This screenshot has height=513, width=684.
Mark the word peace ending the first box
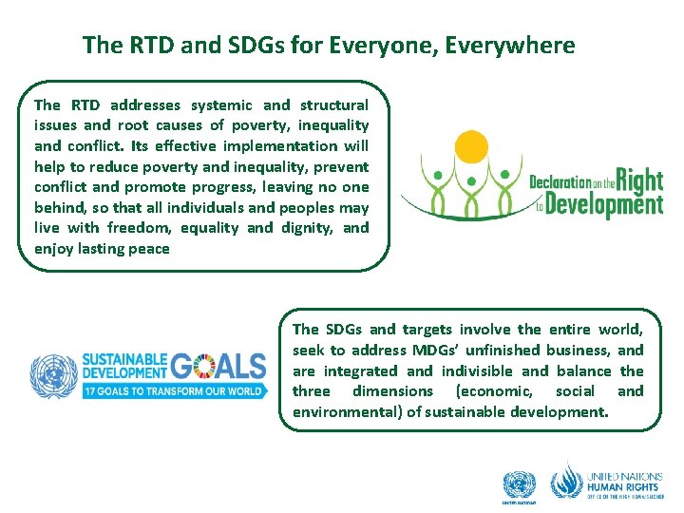point(150,248)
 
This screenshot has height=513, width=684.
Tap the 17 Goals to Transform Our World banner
point(173,391)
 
